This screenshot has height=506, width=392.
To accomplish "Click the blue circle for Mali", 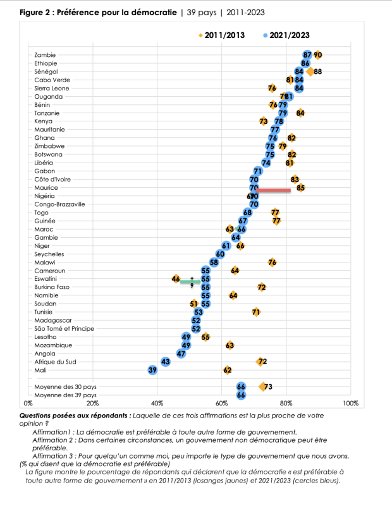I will pos(152,370).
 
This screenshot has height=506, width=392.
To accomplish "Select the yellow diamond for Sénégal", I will pos(310,71).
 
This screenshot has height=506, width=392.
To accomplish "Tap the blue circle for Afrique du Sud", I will pos(166,362).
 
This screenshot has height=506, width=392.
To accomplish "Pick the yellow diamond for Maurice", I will pos(300,187).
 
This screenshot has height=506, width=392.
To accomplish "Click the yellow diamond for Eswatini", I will pos(176,279).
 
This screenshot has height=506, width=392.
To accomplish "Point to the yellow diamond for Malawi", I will pos(272,262).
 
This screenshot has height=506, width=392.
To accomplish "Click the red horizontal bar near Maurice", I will pos(273,190).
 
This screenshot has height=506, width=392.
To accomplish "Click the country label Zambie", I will pos(44,55).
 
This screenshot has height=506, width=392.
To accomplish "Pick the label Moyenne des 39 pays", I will pos(60,395).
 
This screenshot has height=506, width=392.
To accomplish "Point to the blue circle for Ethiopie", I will pos(305,63).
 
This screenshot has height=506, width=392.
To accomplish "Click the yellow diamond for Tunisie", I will pos(256,312).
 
